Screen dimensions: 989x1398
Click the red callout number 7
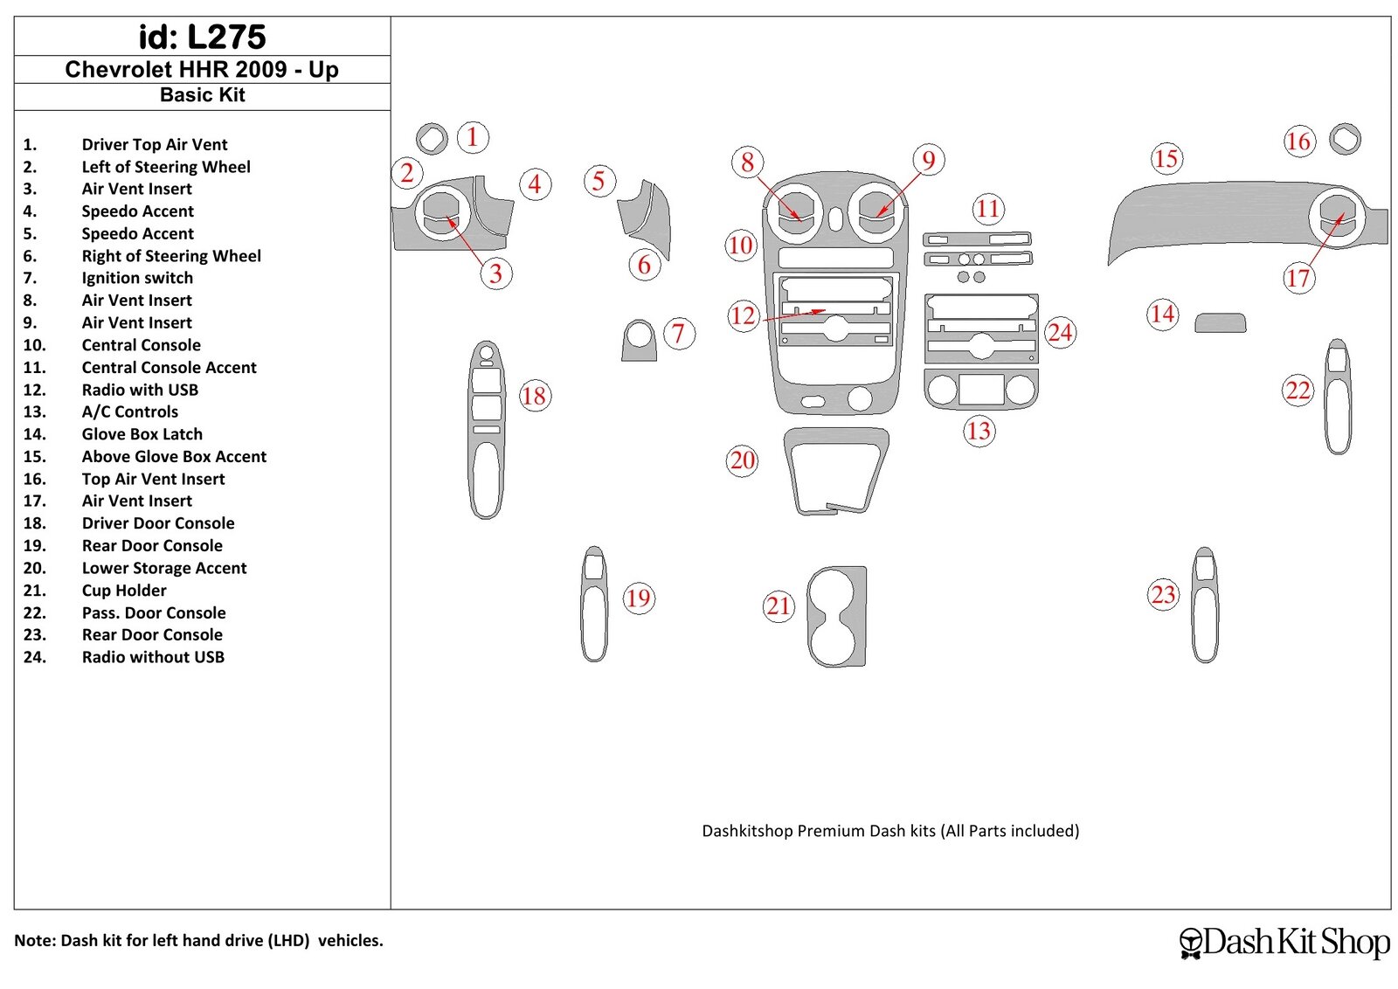pyautogui.click(x=678, y=334)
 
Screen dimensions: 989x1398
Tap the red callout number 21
pyautogui.click(x=778, y=605)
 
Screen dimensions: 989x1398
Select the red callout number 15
pyautogui.click(x=1166, y=159)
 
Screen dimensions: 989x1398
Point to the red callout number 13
pyautogui.click(x=979, y=431)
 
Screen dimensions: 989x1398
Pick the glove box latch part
pyautogui.click(x=1220, y=323)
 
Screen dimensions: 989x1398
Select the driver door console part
pyautogui.click(x=486, y=428)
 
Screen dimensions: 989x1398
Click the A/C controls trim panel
pyautogui.click(x=981, y=390)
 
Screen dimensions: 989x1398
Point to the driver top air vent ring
pyautogui.click(x=432, y=138)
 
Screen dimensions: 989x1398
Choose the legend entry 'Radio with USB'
pyautogui.click(x=140, y=390)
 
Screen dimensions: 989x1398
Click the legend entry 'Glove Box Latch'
pyautogui.click(x=142, y=434)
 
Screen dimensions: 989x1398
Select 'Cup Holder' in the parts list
pyautogui.click(x=124, y=591)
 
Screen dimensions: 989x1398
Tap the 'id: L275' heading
pyautogui.click(x=202, y=37)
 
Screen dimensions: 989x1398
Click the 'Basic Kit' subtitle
pyautogui.click(x=202, y=95)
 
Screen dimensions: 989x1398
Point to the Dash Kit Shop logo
pyautogui.click(x=1284, y=942)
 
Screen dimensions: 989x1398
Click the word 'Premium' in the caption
pyautogui.click(x=831, y=831)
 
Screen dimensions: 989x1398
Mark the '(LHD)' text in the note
pyautogui.click(x=289, y=941)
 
